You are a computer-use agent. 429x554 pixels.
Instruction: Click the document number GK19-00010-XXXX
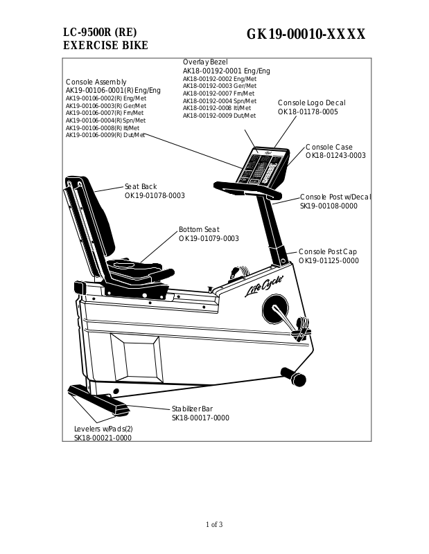(x=306, y=35)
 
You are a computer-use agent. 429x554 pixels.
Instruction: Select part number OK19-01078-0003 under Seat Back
(x=155, y=196)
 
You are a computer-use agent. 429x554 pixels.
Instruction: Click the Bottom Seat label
(x=199, y=229)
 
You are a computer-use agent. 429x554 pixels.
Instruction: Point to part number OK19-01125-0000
(x=329, y=260)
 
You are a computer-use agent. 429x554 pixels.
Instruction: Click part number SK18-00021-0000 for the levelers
(x=103, y=438)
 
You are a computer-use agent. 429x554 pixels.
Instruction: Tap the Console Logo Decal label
(x=311, y=102)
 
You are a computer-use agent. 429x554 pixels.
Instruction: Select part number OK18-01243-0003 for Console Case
(x=335, y=156)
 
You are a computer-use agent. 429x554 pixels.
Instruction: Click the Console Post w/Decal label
(x=335, y=197)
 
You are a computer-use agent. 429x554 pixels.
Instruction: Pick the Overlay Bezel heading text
(x=204, y=62)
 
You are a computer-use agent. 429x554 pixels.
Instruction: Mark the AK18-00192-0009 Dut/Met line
(x=219, y=116)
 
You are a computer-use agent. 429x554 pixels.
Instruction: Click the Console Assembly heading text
(x=96, y=82)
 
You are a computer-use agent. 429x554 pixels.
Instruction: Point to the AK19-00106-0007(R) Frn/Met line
(x=105, y=113)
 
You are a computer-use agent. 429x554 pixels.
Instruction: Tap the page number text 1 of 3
(x=214, y=524)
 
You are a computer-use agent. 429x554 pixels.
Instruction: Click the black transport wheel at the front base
(x=298, y=379)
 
